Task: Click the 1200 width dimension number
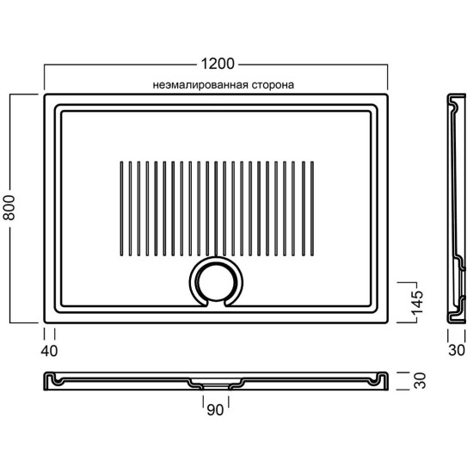pyautogui.click(x=218, y=64)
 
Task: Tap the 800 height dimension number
pyautogui.click(x=9, y=207)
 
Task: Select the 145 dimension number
pyautogui.click(x=417, y=303)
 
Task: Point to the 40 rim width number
pyautogui.click(x=49, y=351)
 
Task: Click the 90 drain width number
pyautogui.click(x=215, y=409)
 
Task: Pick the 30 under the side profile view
pyautogui.click(x=457, y=350)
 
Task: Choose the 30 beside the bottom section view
pyautogui.click(x=420, y=381)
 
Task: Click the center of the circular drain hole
pyautogui.click(x=216, y=282)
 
